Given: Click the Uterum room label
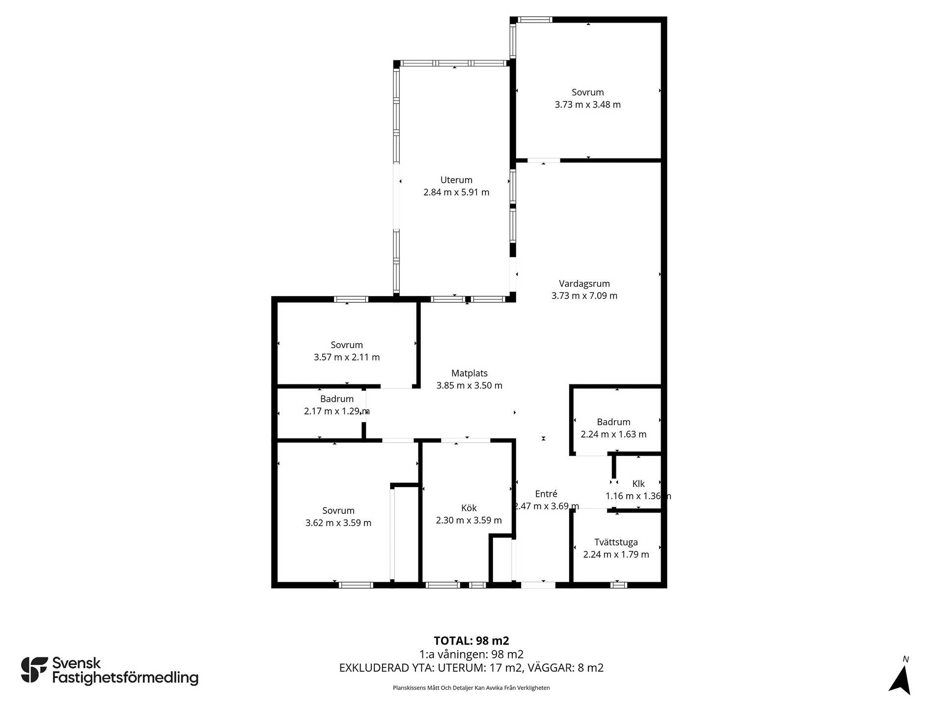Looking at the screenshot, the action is pos(456,180).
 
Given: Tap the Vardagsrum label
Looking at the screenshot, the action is pos(584,284).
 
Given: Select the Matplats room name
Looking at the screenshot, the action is pos(470,374).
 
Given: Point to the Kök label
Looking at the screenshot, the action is pos(469,508).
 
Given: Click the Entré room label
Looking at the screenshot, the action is pos(546,494).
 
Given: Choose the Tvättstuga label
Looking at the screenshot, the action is pos(616,543).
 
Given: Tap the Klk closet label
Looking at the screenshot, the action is pos(638,484).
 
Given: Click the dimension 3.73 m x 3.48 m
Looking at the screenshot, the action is pos(588,105).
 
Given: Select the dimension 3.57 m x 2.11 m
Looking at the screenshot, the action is pos(347,357).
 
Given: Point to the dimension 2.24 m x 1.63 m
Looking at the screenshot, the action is pos(613,435).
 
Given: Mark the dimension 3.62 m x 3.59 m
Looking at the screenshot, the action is pos(338,523).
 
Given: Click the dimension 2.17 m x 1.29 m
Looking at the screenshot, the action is pos(337,411).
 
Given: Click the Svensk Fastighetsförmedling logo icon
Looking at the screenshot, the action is pos(34,670).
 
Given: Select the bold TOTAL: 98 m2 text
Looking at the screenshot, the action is pos(471,641).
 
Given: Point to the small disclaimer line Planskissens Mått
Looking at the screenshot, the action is pos(471,688).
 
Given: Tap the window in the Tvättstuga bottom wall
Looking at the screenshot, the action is pos(619,585).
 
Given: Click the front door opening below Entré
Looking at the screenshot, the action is pos(538,585).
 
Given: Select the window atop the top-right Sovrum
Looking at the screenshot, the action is pos(535,20).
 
